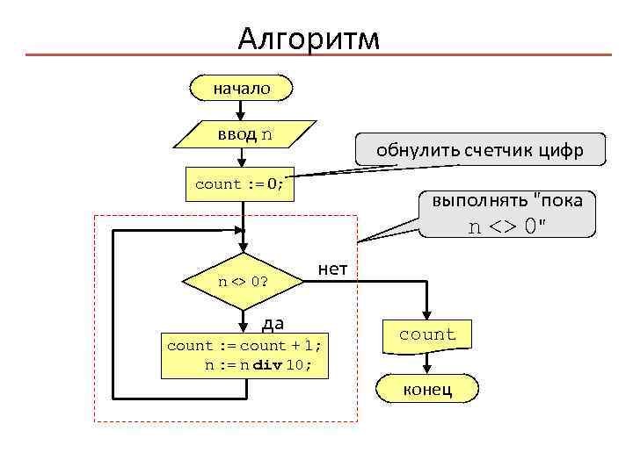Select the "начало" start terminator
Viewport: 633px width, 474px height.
241,88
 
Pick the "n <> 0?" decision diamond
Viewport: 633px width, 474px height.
243,282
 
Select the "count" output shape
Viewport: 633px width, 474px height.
427,334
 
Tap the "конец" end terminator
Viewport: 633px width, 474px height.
427,389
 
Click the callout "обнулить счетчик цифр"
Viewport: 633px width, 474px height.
479,150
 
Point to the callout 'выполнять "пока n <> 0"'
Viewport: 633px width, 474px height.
507,213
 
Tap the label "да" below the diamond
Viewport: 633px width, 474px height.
273,324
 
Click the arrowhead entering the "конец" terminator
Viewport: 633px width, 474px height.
427,370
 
